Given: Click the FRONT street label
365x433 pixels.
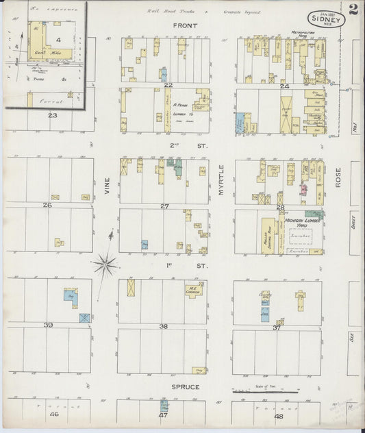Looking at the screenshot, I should click(x=185, y=25).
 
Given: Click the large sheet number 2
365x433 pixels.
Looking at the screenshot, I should click(x=353, y=10).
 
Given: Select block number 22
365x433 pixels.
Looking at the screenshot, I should click(x=166, y=85).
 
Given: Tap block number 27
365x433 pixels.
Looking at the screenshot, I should click(x=164, y=206).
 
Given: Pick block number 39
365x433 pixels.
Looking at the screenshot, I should click(x=48, y=324).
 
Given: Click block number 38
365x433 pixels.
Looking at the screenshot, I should click(x=163, y=326).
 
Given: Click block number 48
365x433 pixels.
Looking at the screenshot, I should click(x=278, y=415).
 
